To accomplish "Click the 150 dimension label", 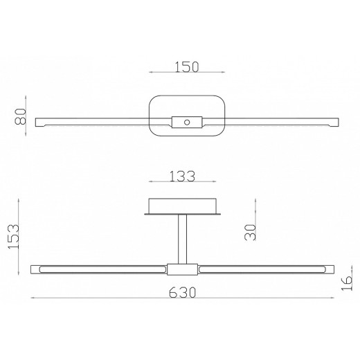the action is pos(186,67).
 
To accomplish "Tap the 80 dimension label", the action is pos(21,116).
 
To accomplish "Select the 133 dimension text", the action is pos(182,177).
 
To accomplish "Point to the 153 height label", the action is pos(13,236).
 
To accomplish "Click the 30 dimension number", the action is pos(250,233).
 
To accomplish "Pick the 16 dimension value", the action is pos(347,283).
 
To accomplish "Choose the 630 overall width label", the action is pos(182,293).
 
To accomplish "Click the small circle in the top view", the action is pos(187,122).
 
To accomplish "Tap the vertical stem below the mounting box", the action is pos(182,239).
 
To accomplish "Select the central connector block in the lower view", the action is pos(182,269).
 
